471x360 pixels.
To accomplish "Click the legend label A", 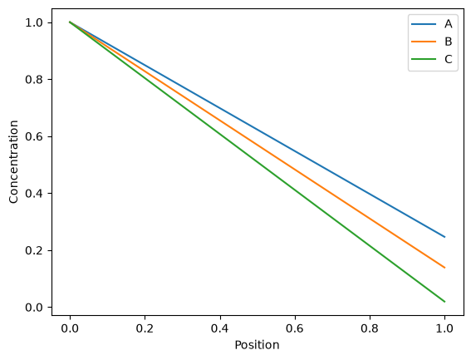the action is [x=449, y=24].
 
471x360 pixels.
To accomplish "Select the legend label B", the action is [x=449, y=42].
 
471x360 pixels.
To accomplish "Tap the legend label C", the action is [x=449, y=59].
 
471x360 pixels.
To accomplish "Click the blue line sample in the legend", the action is [x=424, y=24].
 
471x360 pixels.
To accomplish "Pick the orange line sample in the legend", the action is [x=424, y=42].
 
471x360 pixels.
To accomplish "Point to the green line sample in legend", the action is [x=424, y=59].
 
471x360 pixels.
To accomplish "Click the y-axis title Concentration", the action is [x=13, y=162].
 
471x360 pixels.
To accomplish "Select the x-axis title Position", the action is [x=257, y=345].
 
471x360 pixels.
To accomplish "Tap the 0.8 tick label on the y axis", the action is [x=34, y=79].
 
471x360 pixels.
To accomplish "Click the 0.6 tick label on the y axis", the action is [x=34, y=136].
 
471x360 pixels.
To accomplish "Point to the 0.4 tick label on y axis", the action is [x=34, y=194].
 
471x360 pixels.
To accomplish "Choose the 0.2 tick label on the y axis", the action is [x=34, y=250].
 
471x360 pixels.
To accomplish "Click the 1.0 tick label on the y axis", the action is [x=34, y=22].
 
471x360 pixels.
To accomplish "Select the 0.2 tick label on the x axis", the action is [x=145, y=328].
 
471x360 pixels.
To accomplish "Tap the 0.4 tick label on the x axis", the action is [x=219, y=328].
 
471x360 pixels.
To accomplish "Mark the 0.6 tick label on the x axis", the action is [x=295, y=328].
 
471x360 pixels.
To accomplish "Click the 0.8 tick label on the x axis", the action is [x=370, y=328].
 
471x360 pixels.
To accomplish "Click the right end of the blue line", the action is [x=444, y=237].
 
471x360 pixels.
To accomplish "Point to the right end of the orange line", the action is [x=444, y=268].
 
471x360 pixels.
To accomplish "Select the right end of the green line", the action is [x=444, y=301].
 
